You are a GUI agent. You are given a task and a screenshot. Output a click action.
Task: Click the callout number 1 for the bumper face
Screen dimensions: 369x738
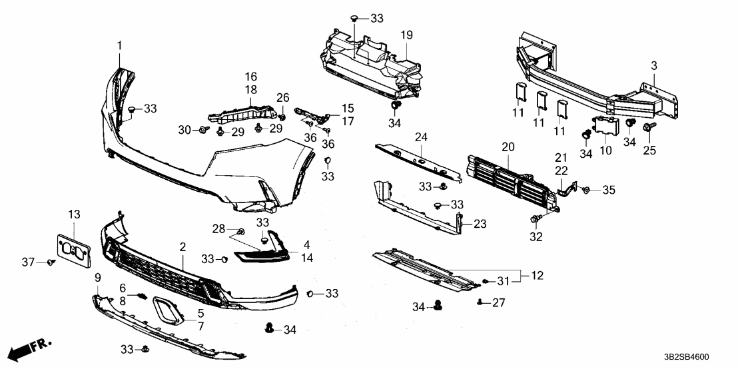tap(120, 45)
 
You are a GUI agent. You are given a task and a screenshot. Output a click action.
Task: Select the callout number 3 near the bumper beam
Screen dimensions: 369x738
tap(653, 65)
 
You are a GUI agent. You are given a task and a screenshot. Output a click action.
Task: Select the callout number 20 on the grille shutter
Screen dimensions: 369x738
tap(508, 146)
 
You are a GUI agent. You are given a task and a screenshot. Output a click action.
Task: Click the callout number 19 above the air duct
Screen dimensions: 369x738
tap(407, 34)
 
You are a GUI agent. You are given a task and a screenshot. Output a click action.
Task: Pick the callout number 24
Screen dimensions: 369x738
tap(420, 138)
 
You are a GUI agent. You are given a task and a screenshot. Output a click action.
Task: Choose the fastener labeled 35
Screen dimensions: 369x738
tap(586, 190)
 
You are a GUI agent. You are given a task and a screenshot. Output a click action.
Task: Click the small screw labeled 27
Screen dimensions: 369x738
tap(480, 302)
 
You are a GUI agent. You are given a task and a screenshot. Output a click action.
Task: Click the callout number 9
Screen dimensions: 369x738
tap(97, 276)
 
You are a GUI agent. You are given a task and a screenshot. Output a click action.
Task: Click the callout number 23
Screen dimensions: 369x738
tap(480, 224)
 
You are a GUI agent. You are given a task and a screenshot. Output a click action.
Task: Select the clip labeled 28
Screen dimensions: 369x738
tap(242, 231)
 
